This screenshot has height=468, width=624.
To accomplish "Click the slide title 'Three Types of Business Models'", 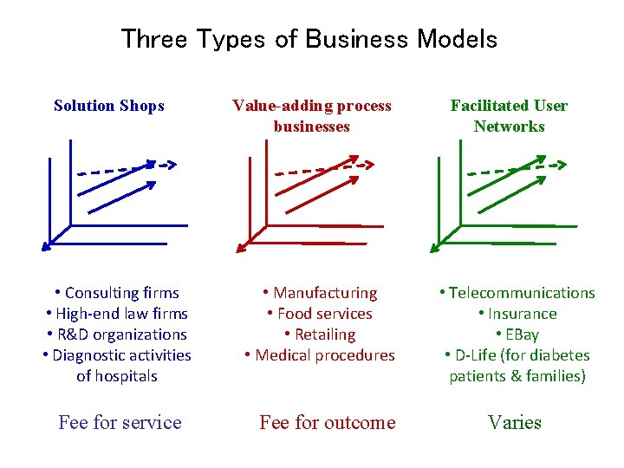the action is pos(309,39).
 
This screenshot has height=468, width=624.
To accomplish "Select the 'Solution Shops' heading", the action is pos(109,106).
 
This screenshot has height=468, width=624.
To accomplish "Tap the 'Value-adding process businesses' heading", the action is pos(312,116).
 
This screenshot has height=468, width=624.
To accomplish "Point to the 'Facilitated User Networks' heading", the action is pos(509,116).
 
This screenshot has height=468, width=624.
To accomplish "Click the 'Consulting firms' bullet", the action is pos(117,293).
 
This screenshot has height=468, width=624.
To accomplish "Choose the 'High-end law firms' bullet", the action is pos(117,314).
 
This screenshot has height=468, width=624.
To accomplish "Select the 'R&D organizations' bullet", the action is pos(117,335).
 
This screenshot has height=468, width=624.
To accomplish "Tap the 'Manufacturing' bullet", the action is pos(321,293).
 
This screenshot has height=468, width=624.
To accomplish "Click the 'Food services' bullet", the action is pos(321,314).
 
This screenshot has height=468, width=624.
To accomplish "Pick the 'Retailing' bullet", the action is pos(321,335).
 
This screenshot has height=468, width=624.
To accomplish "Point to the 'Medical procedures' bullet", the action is pos(321,355).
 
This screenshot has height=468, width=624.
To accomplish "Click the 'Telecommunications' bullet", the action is pos(517,293).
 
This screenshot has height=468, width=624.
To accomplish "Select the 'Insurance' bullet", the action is pos(517,314).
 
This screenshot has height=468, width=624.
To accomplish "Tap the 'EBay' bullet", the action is pos(517,335).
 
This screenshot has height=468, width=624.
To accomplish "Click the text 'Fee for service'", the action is pos(120,423).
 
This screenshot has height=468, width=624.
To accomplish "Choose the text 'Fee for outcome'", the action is pos(328,423).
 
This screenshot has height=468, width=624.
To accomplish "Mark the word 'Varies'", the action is pos(515,423).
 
